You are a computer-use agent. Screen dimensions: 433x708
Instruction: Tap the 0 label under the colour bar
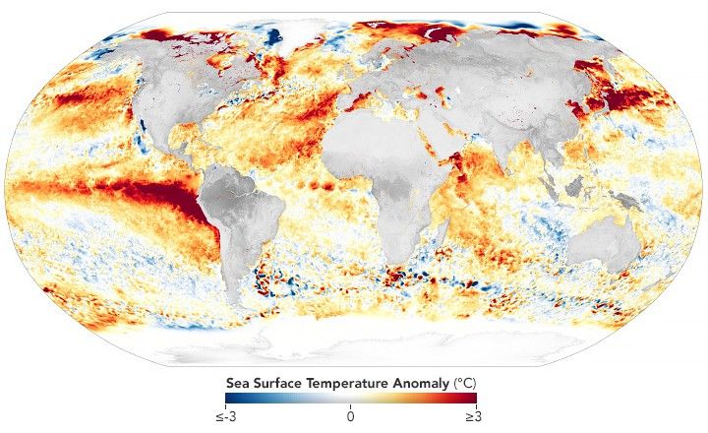[350, 416]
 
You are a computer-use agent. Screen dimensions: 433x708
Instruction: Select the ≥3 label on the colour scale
[471, 416]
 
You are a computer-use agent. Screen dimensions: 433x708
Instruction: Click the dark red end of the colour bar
[471, 399]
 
